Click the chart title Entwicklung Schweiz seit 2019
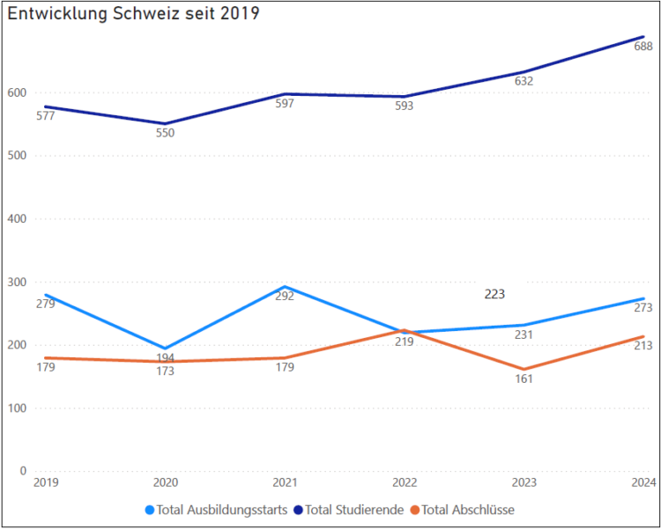[133, 15]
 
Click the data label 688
[643, 47]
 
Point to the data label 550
[165, 134]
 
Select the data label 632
[524, 81]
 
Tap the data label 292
[284, 296]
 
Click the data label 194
[165, 358]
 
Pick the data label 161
[524, 378]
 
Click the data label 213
[643, 346]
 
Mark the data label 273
[643, 308]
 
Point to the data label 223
[494, 295]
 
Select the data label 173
[165, 371]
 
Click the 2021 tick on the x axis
[284, 482]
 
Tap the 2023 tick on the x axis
[524, 482]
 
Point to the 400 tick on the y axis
[17, 219]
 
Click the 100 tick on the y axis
[17, 408]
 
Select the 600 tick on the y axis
[17, 93]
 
